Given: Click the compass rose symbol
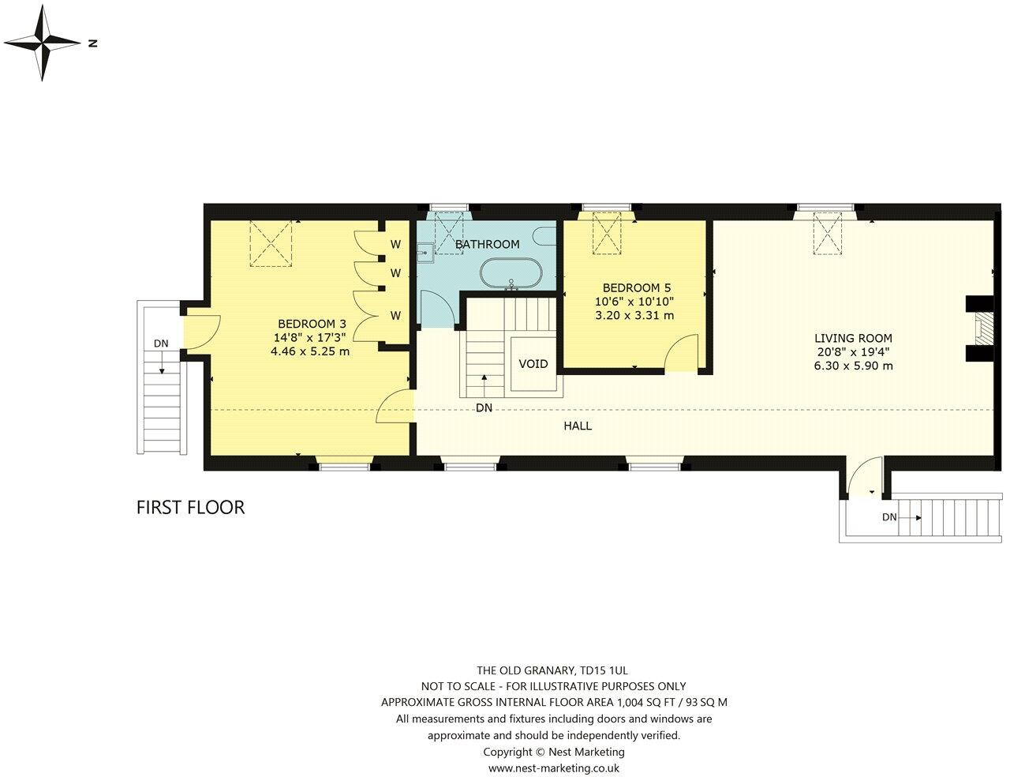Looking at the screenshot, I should (43, 44).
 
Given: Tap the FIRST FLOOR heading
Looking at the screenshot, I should (190, 507).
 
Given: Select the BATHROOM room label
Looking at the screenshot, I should (487, 244).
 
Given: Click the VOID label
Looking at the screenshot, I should (533, 364).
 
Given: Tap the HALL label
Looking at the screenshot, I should (577, 426).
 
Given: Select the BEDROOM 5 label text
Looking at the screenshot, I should (636, 287).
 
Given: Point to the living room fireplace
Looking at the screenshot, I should (981, 328).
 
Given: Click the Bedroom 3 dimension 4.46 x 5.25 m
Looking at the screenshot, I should (309, 351).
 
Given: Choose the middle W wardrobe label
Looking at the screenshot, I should (395, 273).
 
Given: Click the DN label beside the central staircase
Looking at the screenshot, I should (484, 407).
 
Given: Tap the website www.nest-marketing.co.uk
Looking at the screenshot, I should (553, 768).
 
